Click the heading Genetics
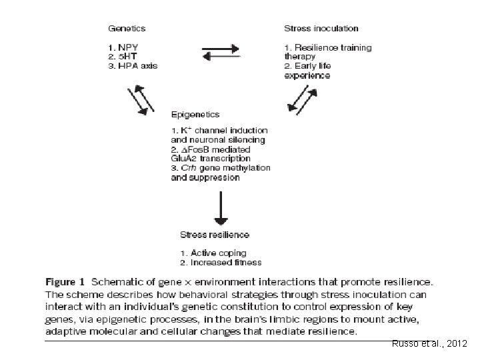[127, 28]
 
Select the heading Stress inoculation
[321, 28]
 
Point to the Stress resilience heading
[214, 235]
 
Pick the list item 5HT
[125, 57]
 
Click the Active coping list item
[213, 253]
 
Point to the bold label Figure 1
[66, 282]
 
